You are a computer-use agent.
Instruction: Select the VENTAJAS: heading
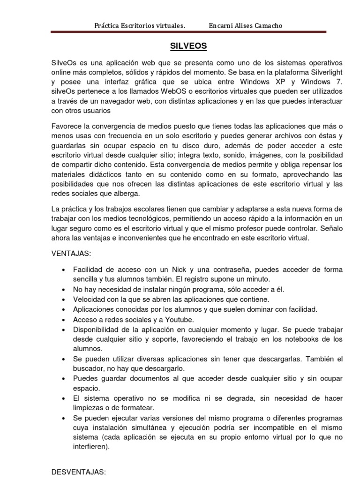tap(71, 254)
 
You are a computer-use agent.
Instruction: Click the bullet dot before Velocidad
tap(63, 300)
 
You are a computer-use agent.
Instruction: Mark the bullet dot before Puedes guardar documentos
tap(63, 379)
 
